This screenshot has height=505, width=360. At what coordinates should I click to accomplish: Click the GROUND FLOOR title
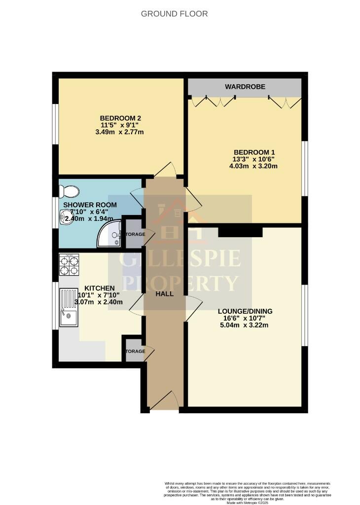(x=174, y=14)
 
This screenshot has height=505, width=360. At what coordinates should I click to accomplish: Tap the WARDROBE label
(x=245, y=87)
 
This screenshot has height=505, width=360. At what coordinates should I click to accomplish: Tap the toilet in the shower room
(x=69, y=191)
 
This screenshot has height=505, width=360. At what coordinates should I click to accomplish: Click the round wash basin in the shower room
(x=65, y=216)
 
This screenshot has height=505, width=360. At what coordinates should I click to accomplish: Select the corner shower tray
(x=109, y=234)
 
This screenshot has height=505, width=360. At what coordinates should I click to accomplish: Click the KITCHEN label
(x=100, y=288)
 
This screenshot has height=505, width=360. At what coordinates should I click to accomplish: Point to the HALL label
(x=164, y=293)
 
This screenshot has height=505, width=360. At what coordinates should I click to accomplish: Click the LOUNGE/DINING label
(x=245, y=311)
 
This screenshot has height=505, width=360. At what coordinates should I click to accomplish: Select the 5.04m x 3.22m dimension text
(x=245, y=326)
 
